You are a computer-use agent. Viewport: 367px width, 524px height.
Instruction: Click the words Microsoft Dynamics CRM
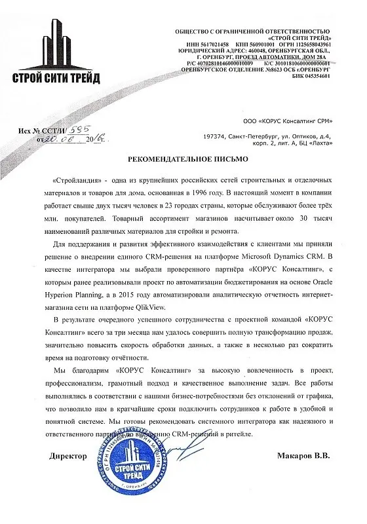[x=291, y=256]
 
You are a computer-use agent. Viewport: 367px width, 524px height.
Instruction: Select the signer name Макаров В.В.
[x=302, y=454]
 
